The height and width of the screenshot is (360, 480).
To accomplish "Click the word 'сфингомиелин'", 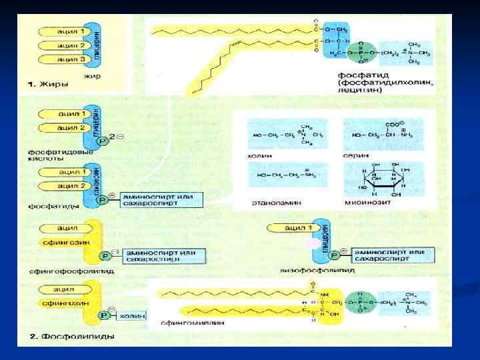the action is pyautogui.click(x=182, y=323).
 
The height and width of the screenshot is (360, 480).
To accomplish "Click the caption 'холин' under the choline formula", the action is pyautogui.click(x=260, y=153).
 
